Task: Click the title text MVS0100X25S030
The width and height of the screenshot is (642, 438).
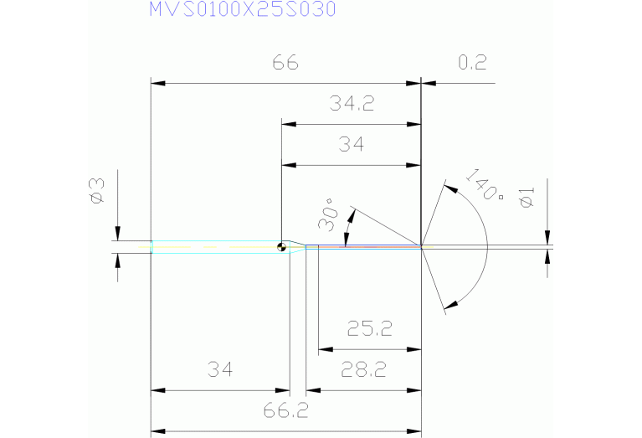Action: tap(243, 10)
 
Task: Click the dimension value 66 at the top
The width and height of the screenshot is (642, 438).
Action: tap(285, 64)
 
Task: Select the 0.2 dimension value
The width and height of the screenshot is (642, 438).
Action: tap(473, 64)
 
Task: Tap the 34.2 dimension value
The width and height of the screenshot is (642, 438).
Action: tap(352, 105)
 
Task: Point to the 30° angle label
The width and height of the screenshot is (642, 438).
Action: tap(327, 214)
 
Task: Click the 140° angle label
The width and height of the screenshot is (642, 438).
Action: tap(484, 185)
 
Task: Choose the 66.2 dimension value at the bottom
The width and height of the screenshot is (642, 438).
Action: tap(285, 410)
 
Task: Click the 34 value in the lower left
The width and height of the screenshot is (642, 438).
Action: tap(218, 369)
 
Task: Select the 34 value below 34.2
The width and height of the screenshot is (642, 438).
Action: tap(352, 145)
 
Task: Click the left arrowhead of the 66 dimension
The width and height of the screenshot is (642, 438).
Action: tap(157, 84)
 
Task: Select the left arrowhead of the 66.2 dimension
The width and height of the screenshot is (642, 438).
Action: tap(157, 431)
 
